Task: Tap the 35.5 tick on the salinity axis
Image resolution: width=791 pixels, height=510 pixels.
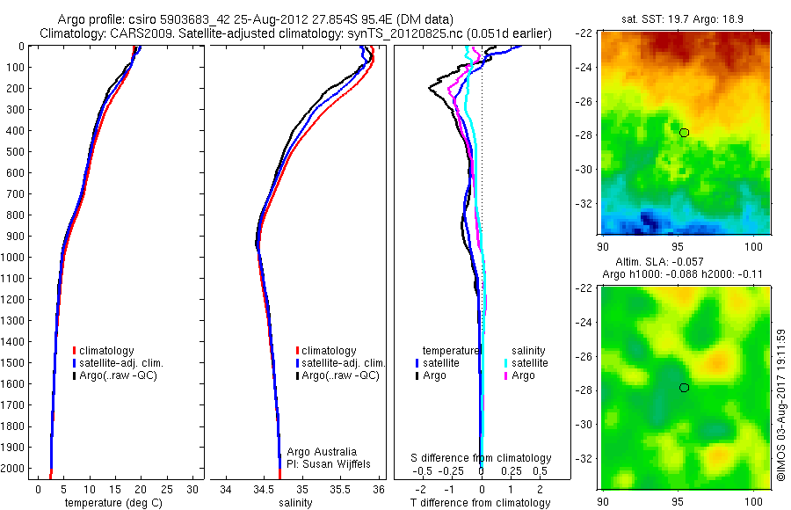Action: coord(340,488)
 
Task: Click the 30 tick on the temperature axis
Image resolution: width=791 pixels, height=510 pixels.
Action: coord(193,488)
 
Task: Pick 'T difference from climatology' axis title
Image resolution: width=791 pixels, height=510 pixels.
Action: coord(480,503)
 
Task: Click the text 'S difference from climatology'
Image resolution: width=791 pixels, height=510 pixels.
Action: coord(482,458)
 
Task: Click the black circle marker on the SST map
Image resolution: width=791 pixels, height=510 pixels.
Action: coord(684,132)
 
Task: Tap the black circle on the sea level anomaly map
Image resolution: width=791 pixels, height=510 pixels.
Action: coord(684,388)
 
